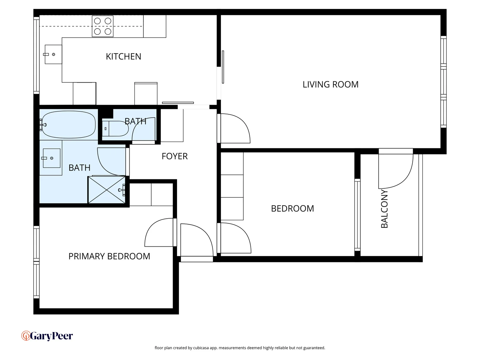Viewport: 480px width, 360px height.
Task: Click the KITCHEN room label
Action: pyautogui.click(x=123, y=57)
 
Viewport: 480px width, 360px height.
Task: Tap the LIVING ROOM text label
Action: pyautogui.click(x=330, y=85)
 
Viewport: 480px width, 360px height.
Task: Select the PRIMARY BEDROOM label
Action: pyautogui.click(x=109, y=256)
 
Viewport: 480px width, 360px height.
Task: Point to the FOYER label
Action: pyautogui.click(x=174, y=156)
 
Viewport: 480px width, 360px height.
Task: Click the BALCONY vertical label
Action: pyautogui.click(x=384, y=209)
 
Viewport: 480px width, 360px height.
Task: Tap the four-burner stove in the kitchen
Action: pyautogui.click(x=103, y=26)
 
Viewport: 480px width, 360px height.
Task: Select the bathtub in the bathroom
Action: pyautogui.click(x=69, y=125)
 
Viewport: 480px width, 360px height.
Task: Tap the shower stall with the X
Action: pyautogui.click(x=107, y=190)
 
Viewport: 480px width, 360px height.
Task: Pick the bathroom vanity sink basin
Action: pyautogui.click(x=51, y=158)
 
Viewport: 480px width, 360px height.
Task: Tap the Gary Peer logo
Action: pyautogui.click(x=47, y=336)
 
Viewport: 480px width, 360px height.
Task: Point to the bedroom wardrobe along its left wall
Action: pyautogui.click(x=232, y=186)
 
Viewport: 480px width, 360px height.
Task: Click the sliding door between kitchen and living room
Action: pyautogui.click(x=223, y=67)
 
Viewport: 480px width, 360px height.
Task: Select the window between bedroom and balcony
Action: pyautogui.click(x=357, y=215)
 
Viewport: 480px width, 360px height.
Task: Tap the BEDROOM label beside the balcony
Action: pyautogui.click(x=292, y=209)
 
